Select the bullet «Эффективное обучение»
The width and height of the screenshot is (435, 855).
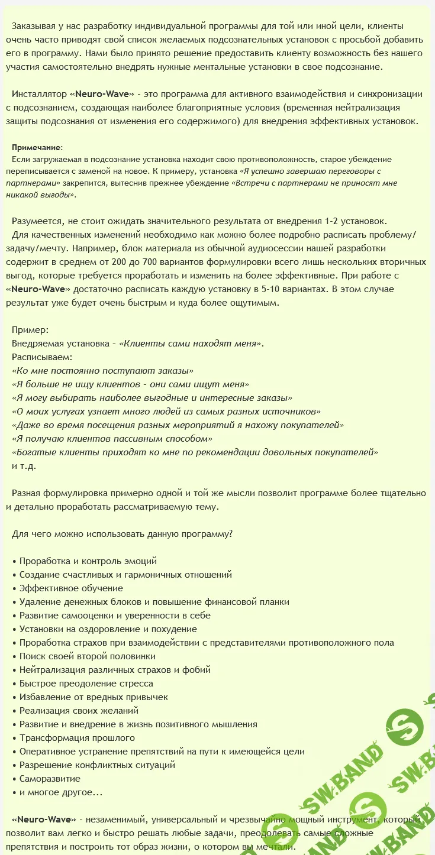[x=71, y=588]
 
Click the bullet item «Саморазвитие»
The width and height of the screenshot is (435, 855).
[x=50, y=779]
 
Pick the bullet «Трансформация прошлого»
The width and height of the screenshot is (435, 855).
[x=77, y=738]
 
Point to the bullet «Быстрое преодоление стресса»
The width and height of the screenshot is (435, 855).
[x=86, y=684]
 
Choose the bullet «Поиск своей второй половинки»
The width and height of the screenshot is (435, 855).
[x=88, y=656]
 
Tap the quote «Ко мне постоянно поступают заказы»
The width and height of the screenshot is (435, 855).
[x=103, y=371]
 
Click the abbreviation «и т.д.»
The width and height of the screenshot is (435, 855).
[x=24, y=466]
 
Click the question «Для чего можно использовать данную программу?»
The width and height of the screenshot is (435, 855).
[x=122, y=534]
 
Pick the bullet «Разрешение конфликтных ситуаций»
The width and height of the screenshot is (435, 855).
[x=97, y=765]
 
